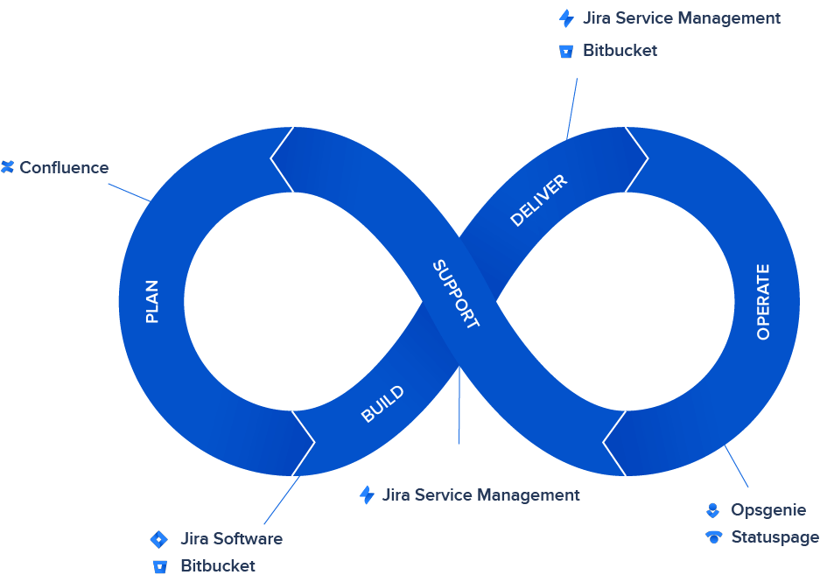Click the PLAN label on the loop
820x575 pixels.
tap(152, 301)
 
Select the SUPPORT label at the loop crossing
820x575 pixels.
tap(456, 294)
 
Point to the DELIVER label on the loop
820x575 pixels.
tap(538, 200)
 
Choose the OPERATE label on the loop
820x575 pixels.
tap(763, 301)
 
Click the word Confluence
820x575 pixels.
tap(64, 167)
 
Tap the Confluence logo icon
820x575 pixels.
tap(8, 166)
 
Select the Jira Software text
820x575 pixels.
tap(231, 538)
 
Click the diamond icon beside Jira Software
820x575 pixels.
tap(158, 538)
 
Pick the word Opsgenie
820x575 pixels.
tap(768, 509)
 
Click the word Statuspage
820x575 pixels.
tap(774, 536)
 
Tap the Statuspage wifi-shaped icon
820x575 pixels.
tap(714, 536)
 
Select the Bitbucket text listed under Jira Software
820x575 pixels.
tap(218, 565)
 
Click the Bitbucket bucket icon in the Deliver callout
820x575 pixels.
tap(565, 51)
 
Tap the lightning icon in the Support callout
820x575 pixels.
tap(367, 494)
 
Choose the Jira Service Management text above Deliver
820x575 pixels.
tap(681, 18)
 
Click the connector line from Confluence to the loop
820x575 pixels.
tap(129, 192)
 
